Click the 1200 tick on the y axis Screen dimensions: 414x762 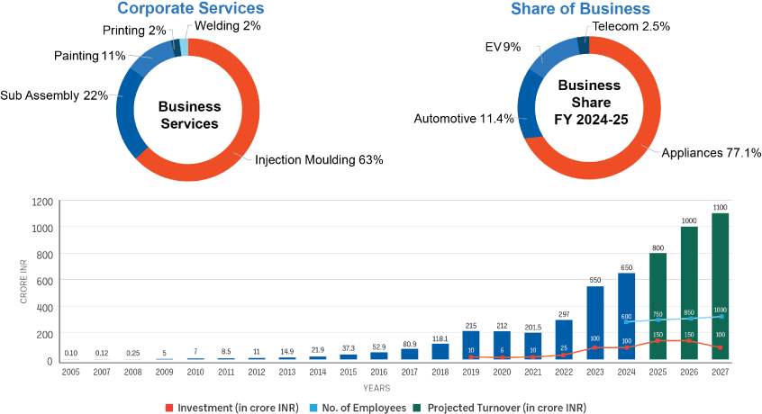[x=41, y=202]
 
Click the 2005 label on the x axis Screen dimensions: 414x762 [x=70, y=371]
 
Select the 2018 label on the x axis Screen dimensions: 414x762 [x=440, y=371]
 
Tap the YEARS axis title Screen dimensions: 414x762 [x=376, y=388]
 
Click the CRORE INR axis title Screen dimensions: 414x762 [x=23, y=281]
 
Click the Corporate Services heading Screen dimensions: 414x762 [x=190, y=9]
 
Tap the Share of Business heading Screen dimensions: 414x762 [x=580, y=9]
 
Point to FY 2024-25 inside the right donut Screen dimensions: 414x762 [x=590, y=119]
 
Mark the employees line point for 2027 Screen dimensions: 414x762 [x=721, y=316]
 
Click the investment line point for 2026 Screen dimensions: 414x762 [x=689, y=340]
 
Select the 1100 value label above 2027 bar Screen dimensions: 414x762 [x=720, y=208]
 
